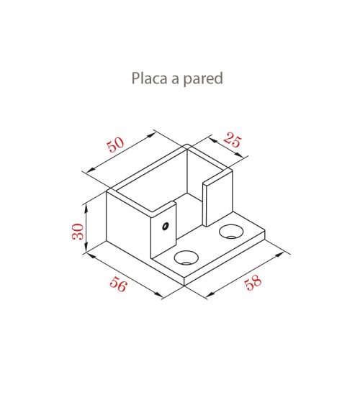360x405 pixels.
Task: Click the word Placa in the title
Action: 149,78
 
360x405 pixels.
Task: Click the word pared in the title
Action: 203,79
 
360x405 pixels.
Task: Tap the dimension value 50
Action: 115,145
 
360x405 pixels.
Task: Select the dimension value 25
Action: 233,140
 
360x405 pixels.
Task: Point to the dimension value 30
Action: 78,232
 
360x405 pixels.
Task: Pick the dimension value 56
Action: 119,284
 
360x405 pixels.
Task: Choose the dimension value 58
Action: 253,282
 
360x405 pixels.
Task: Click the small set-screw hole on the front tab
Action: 165,226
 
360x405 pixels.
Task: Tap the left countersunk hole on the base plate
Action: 186,258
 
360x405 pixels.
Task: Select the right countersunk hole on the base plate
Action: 231,232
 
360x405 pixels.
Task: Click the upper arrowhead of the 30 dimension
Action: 86,208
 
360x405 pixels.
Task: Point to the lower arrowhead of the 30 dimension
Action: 86,248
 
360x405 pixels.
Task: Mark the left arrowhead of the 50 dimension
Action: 91,170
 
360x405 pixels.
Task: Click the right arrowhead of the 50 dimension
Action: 152,135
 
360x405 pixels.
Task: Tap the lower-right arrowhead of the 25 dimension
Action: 239,155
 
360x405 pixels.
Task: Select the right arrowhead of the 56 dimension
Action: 158,294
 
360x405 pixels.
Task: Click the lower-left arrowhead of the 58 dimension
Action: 211,294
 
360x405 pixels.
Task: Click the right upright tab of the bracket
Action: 217,199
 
